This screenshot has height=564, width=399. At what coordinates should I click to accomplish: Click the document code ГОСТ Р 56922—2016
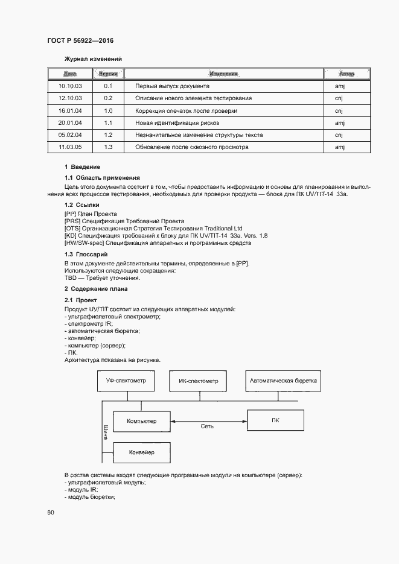click(x=80, y=40)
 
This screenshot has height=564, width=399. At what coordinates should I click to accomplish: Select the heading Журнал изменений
click(x=93, y=59)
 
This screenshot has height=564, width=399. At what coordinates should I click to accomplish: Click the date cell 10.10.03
click(x=70, y=86)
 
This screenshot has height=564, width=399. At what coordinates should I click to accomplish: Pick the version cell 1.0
click(x=109, y=110)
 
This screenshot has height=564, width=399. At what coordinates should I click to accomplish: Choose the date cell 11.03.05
click(x=70, y=147)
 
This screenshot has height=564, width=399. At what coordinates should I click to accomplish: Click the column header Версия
click(x=108, y=74)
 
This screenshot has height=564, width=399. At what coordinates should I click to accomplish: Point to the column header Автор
click(x=346, y=74)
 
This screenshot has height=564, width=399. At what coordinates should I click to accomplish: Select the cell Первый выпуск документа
click(x=172, y=86)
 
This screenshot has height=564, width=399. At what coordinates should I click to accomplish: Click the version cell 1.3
click(x=109, y=147)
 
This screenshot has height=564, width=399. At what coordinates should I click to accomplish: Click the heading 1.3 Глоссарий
click(x=86, y=255)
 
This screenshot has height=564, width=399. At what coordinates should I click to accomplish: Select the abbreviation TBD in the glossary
click(x=70, y=278)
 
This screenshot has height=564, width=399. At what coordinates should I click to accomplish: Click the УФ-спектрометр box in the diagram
click(x=126, y=381)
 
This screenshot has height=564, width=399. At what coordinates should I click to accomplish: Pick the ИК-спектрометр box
click(x=199, y=381)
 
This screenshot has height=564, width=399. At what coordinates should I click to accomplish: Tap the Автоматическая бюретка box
click(x=284, y=381)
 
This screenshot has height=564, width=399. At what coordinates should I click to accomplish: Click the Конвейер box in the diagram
click(x=142, y=452)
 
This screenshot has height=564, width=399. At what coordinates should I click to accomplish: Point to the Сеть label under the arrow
click(x=208, y=426)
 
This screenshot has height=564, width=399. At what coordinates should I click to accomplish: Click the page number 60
click(x=51, y=512)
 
